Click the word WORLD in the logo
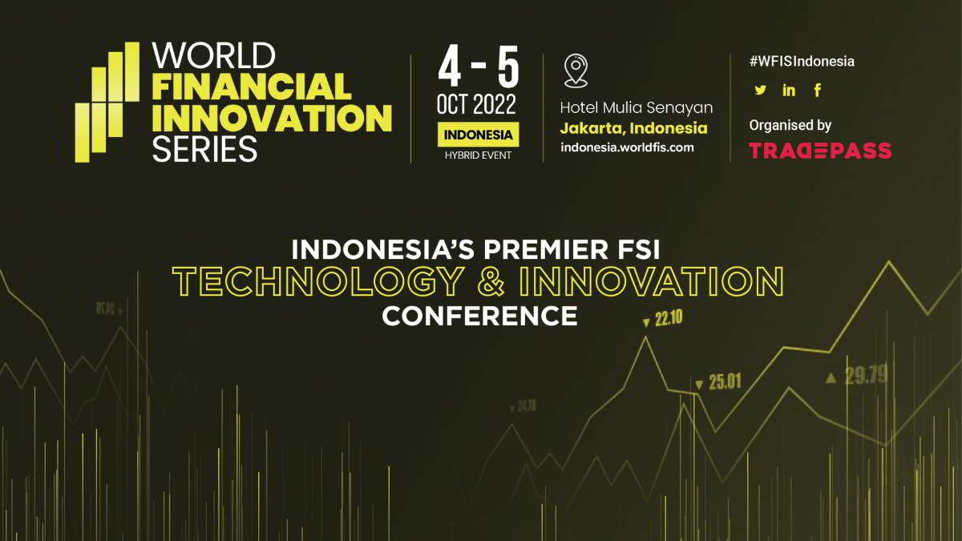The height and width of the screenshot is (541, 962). [213, 55]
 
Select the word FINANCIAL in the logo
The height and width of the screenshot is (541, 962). [252, 87]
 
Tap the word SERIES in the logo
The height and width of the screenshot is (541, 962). [204, 149]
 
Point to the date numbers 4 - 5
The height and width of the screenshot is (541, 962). [478, 68]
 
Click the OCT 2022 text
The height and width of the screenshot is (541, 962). [477, 104]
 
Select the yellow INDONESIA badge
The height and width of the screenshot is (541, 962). [478, 135]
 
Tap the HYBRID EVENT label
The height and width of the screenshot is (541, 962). [478, 155]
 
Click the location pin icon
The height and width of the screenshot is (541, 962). [576, 71]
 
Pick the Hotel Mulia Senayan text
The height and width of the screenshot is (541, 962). [636, 107]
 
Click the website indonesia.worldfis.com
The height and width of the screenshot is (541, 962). [627, 147]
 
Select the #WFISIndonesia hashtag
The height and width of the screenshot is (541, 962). [802, 62]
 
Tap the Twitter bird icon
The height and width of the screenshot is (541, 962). [760, 91]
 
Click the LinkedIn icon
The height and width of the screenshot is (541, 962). [789, 91]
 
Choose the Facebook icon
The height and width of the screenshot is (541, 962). [818, 91]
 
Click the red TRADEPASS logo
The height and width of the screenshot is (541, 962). [819, 150]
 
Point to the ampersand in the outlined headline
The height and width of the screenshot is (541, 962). [490, 281]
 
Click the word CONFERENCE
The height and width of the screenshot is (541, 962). [479, 315]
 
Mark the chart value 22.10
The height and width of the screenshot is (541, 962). [667, 319]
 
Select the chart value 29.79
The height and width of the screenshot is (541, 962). [866, 375]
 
